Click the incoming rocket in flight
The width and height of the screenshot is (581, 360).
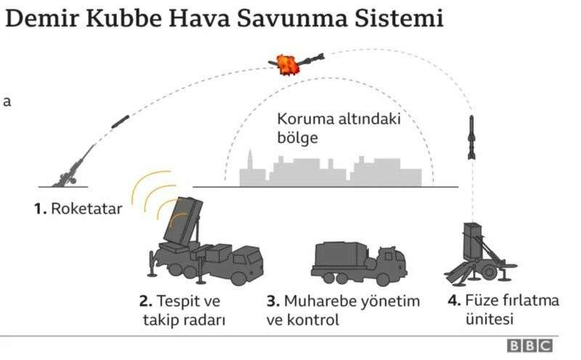coord(121,122)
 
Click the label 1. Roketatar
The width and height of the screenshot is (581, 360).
coord(78,208)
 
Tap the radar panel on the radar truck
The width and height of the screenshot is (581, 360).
coord(183,221)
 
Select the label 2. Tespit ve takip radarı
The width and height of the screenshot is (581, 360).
coord(182,311)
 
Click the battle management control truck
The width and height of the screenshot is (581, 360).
coord(359,263)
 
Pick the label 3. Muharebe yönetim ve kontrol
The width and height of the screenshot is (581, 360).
coord(343,311)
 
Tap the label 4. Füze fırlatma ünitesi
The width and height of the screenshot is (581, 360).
coord(503,310)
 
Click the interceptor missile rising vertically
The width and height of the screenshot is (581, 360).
coord(471,137)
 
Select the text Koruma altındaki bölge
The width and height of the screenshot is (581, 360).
coord(339,128)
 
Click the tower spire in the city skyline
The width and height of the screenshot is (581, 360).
coord(251,158)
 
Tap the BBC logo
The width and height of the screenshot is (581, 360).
coord(530,345)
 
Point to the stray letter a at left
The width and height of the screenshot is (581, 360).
coord(7,102)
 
